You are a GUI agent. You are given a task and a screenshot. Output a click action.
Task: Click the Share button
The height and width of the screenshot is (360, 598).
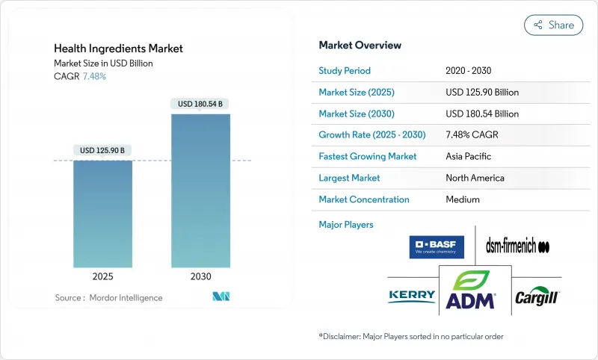(x=554, y=25)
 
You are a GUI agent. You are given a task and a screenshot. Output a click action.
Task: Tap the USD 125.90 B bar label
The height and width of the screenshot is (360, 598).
(x=103, y=151)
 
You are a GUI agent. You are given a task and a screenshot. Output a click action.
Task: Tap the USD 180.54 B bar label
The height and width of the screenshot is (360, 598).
(x=200, y=104)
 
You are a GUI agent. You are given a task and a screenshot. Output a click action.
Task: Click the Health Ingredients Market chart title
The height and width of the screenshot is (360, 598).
(x=118, y=49)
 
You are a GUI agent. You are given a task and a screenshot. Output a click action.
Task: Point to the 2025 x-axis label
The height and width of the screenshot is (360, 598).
(x=103, y=276)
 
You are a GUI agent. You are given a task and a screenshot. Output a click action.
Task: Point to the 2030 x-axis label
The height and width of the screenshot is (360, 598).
(x=200, y=276)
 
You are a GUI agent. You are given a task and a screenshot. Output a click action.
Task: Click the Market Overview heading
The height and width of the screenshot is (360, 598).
(x=360, y=45)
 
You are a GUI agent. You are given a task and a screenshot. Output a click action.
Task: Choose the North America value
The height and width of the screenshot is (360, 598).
(x=475, y=178)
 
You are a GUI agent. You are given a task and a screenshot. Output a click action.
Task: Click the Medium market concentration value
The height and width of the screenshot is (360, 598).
(x=462, y=199)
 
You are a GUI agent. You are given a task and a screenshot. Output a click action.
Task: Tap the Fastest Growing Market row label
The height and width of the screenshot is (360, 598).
(x=368, y=157)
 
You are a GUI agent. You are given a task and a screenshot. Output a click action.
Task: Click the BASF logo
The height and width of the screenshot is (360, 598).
(x=437, y=246)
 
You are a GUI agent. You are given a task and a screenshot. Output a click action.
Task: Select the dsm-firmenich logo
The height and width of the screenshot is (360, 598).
(x=518, y=246)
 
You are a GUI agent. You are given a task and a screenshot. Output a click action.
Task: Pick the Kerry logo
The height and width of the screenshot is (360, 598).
(x=412, y=297)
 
